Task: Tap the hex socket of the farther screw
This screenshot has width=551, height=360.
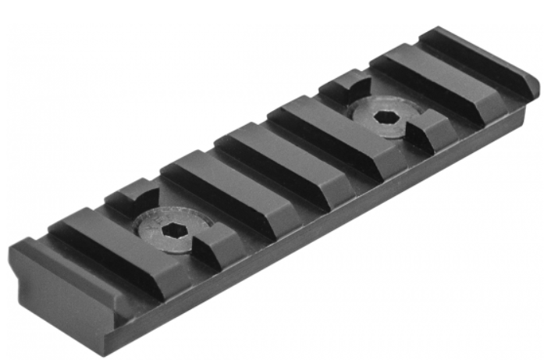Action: (384, 116)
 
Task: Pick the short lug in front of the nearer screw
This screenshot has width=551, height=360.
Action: (215, 245)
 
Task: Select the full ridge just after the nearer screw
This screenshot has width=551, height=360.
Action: (211, 188)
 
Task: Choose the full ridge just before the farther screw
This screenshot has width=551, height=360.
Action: (320, 133)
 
